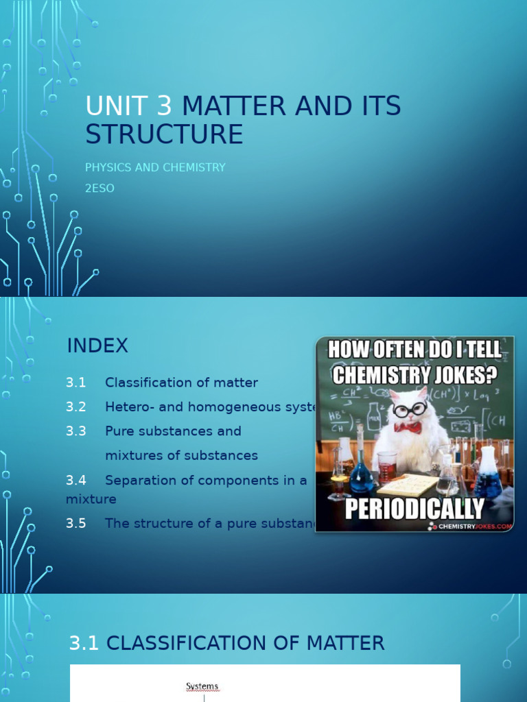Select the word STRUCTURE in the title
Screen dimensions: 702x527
point(164,134)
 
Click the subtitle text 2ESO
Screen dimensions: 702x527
point(99,188)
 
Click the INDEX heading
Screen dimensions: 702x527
point(97,346)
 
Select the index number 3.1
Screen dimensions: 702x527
point(76,383)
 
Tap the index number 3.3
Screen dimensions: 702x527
point(76,431)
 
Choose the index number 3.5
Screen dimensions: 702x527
point(76,523)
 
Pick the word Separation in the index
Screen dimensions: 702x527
point(140,480)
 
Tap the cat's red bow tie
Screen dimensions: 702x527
point(408,428)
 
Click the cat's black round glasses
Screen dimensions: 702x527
point(410,410)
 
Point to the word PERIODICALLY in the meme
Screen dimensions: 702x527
point(414,508)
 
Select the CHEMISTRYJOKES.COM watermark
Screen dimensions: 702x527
point(474,526)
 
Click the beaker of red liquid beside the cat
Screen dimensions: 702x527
point(387,466)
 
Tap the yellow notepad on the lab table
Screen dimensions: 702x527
point(408,485)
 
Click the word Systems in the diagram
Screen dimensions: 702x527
point(202,686)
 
